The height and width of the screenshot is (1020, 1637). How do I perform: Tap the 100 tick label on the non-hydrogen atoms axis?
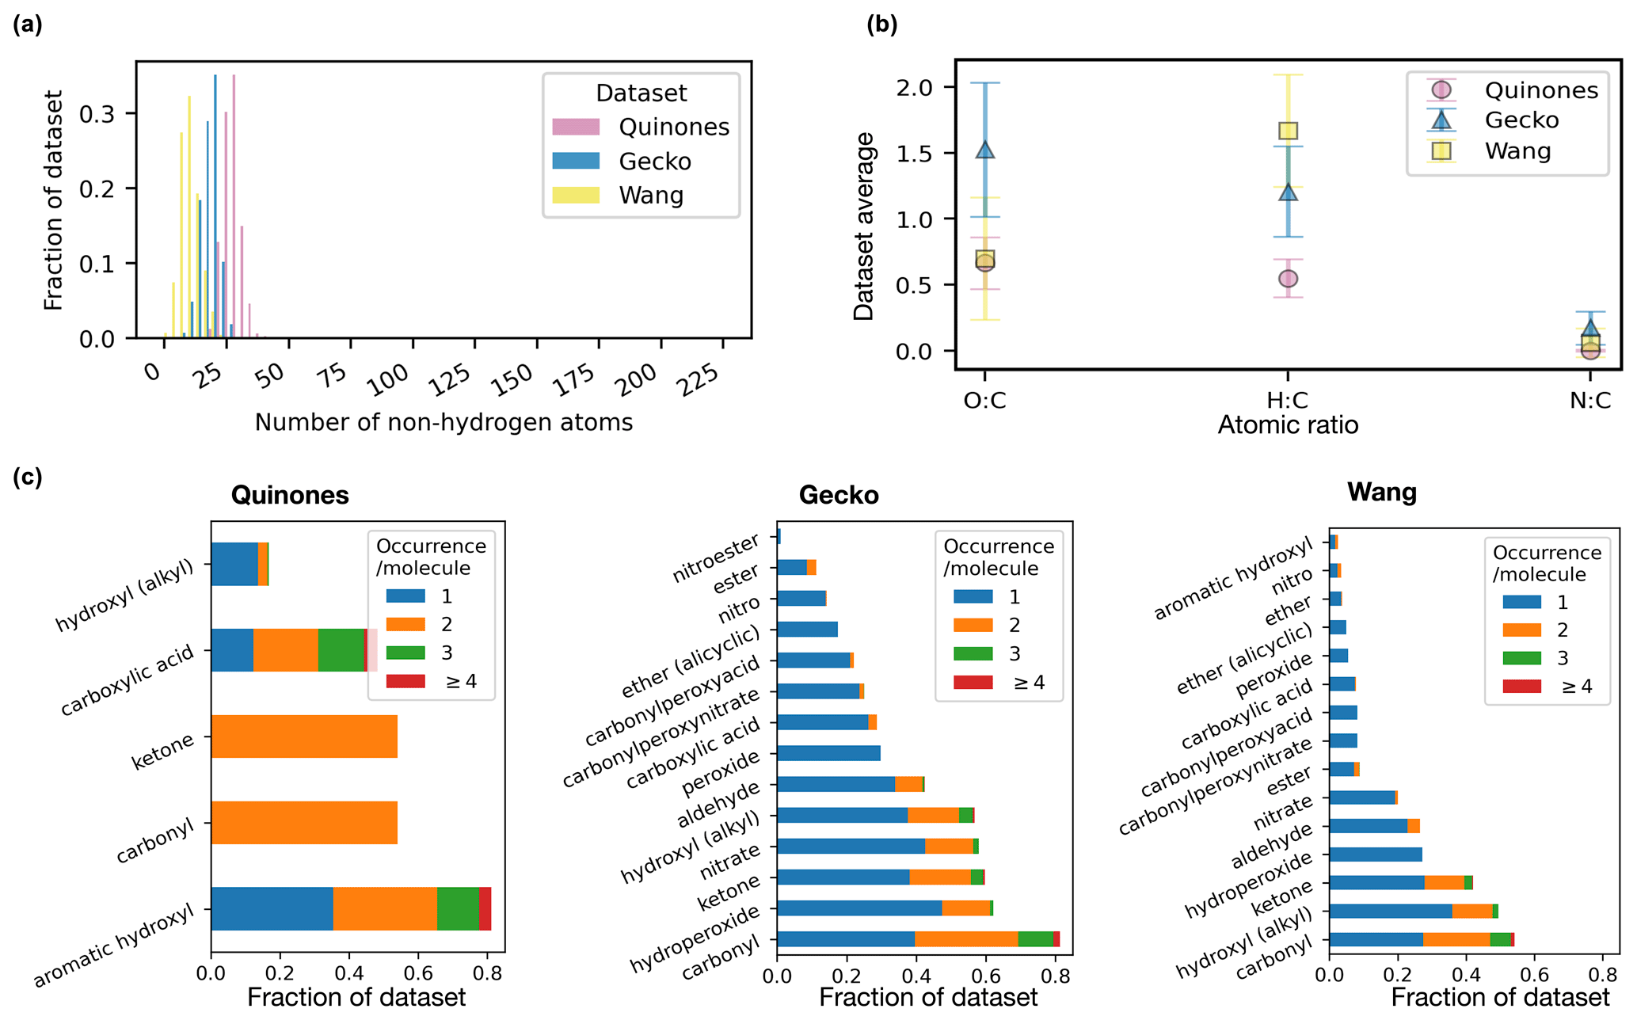[x=388, y=379]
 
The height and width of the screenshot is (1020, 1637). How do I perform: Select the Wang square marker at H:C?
[x=1288, y=131]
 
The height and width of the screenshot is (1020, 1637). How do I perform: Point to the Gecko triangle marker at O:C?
[x=985, y=150]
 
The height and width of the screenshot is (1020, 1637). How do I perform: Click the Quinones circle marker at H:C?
[x=1288, y=279]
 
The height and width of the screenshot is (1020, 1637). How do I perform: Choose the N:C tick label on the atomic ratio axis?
[x=1589, y=401]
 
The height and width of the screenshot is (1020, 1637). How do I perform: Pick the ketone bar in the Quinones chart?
[x=304, y=736]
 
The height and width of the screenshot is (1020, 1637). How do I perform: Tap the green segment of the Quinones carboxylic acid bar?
[x=341, y=650]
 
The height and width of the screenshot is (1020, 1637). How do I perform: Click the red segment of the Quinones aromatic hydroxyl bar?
[x=485, y=908]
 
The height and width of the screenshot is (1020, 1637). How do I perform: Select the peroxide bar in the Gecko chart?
[x=828, y=753]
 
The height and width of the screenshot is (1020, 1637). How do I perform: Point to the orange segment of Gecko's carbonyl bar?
[x=966, y=939]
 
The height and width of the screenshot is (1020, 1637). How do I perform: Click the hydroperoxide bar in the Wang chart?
[x=1376, y=854]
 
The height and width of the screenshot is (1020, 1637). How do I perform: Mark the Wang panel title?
[x=1382, y=492]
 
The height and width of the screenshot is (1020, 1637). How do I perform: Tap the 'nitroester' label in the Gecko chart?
[x=716, y=558]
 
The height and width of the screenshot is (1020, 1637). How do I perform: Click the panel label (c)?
[x=27, y=478]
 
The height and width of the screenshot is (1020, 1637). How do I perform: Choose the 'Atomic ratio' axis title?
[x=1288, y=425]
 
